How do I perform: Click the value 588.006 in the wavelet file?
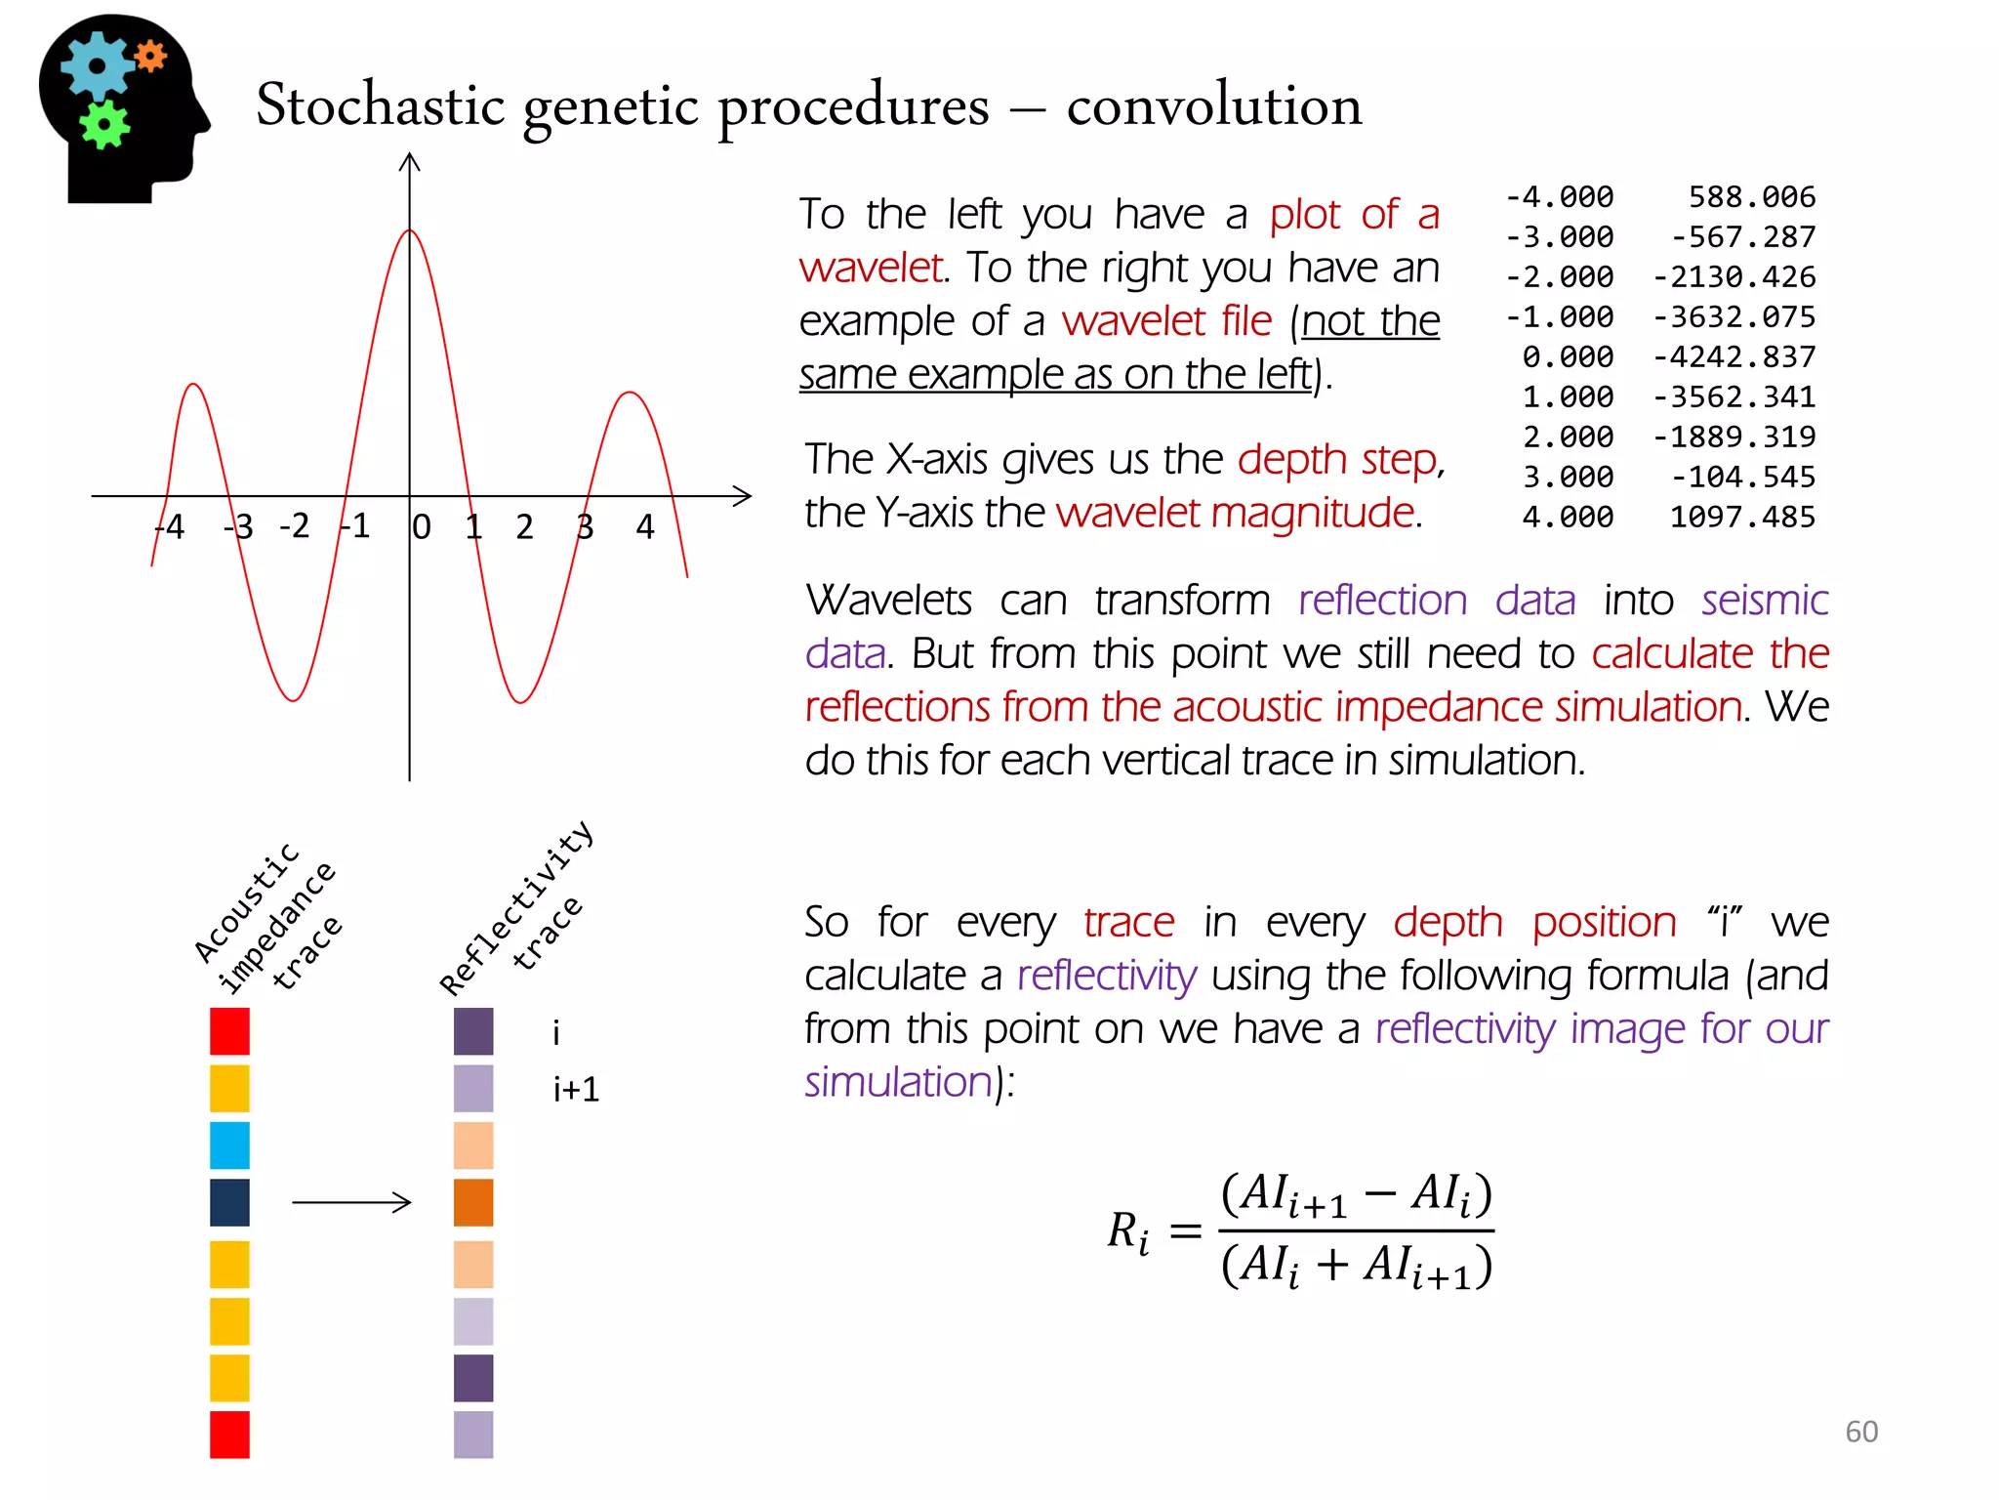1751,197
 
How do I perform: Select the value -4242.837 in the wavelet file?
1734,357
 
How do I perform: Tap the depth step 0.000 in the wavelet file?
1568,357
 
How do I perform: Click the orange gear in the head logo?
150,57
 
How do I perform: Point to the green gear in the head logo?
103,124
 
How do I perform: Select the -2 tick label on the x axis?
294,526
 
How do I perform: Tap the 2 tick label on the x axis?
524,527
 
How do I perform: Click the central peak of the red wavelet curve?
410,231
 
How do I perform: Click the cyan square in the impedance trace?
229,1146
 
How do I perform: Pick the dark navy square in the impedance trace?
229,1202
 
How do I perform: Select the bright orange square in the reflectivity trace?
473,1202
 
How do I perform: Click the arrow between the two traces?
351,1202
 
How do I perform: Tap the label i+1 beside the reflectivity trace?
576,1089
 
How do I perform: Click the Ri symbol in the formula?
1127,1232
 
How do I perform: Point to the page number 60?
1860,1432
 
